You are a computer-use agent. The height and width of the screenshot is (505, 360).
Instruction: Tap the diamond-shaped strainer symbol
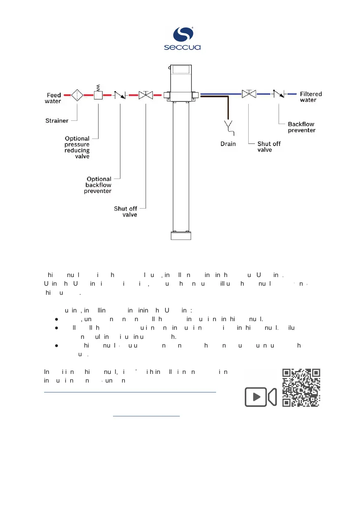[x=78, y=95]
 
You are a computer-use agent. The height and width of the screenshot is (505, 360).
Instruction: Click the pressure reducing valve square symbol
[x=98, y=95]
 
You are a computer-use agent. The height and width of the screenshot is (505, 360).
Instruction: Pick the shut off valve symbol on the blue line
[x=249, y=94]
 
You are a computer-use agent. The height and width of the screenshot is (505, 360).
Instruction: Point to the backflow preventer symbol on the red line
[x=120, y=95]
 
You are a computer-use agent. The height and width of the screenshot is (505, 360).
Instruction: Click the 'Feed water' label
[x=53, y=98]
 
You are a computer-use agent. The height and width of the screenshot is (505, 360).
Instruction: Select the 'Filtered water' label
[x=311, y=96]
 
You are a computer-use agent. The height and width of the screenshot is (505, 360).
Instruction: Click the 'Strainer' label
[x=56, y=121]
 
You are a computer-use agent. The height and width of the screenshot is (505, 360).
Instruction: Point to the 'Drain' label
[x=228, y=143]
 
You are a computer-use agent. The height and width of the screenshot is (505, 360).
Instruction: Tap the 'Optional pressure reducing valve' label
[x=77, y=147]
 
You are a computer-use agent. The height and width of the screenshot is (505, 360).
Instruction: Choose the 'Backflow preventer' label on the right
[x=301, y=127]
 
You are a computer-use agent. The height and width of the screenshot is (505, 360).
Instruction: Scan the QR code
[x=301, y=388]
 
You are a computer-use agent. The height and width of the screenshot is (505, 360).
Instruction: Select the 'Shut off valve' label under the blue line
[x=269, y=146]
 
